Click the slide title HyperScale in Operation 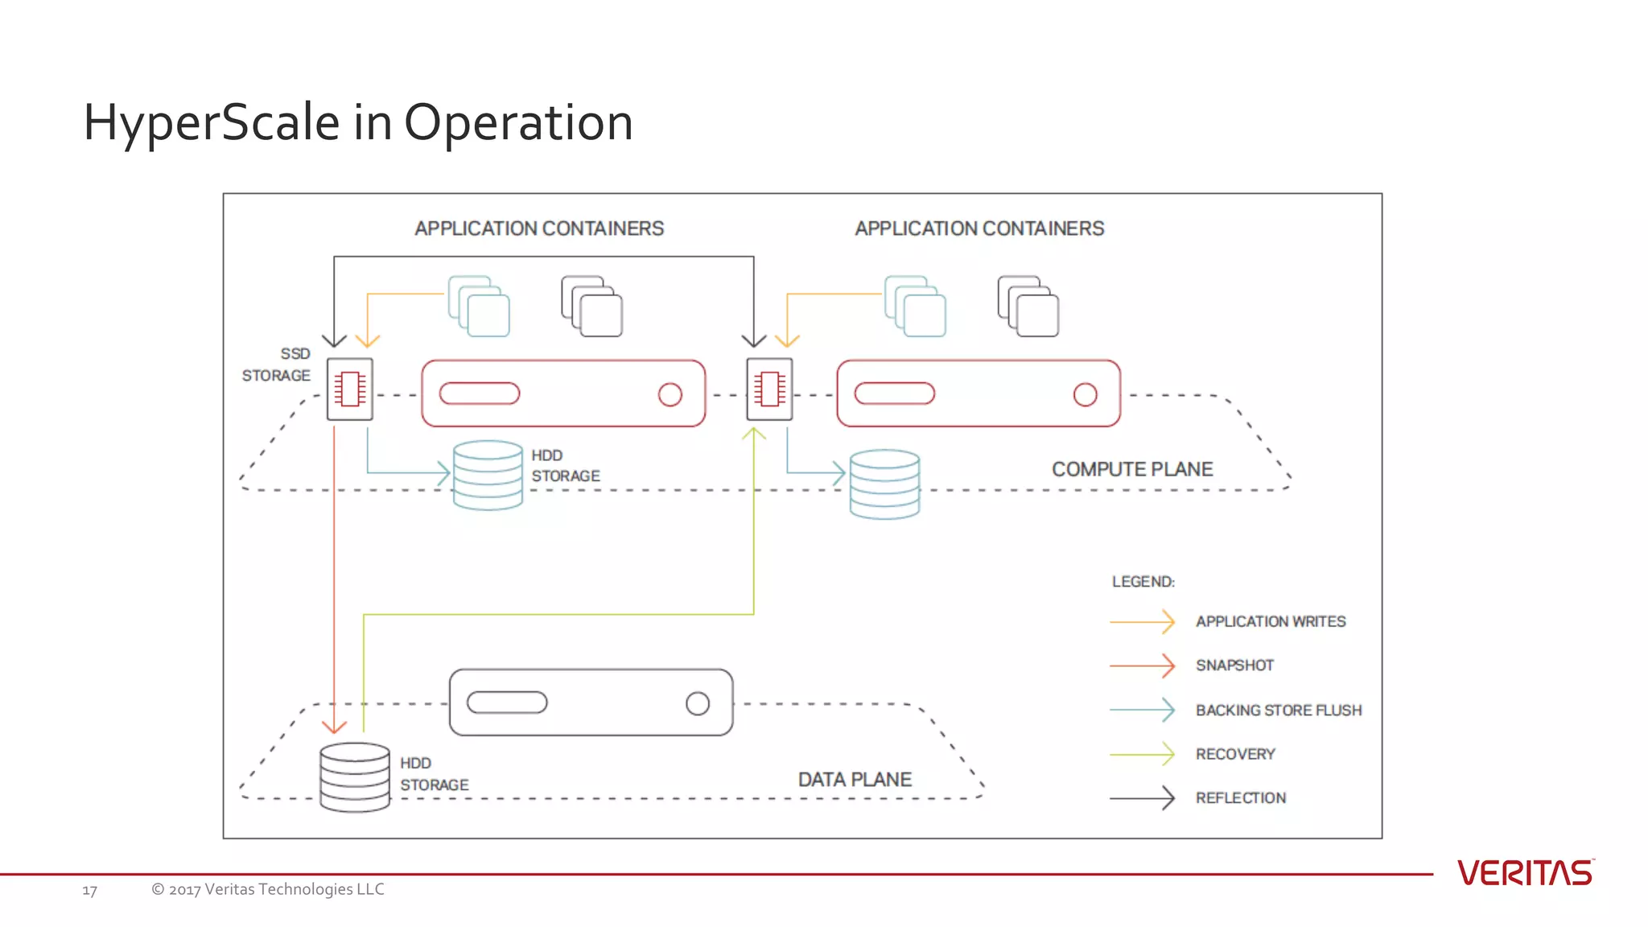pyautogui.click(x=358, y=123)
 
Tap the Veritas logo pyautogui.click(x=1525, y=873)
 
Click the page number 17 pyautogui.click(x=89, y=891)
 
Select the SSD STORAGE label pyautogui.click(x=277, y=365)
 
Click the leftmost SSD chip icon pyautogui.click(x=350, y=389)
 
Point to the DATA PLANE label pyautogui.click(x=855, y=780)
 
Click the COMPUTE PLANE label pyautogui.click(x=1131, y=469)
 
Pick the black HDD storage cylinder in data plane pyautogui.click(x=355, y=777)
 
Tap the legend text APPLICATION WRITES pyautogui.click(x=1270, y=621)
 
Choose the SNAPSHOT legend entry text pyautogui.click(x=1234, y=665)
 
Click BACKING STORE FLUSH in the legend pyautogui.click(x=1278, y=711)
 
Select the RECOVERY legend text pyautogui.click(x=1235, y=754)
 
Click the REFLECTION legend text pyautogui.click(x=1240, y=798)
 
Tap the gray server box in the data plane pyautogui.click(x=591, y=702)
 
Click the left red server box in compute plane pyautogui.click(x=563, y=393)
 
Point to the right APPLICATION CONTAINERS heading pyautogui.click(x=979, y=229)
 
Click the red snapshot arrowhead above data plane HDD pyautogui.click(x=334, y=726)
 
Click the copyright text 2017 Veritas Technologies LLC pyautogui.click(x=268, y=889)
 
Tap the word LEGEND pyautogui.click(x=1143, y=582)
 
